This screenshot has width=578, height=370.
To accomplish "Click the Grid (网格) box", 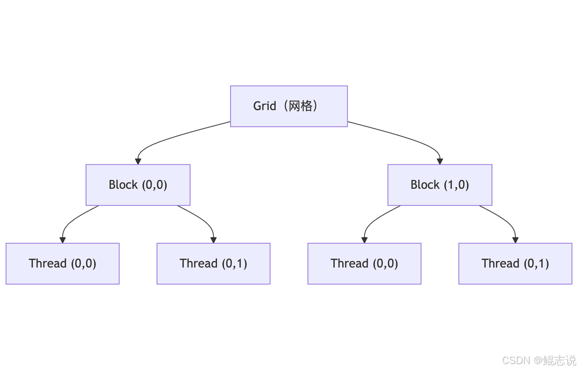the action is (x=289, y=106).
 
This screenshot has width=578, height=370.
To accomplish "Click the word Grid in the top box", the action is (x=265, y=106).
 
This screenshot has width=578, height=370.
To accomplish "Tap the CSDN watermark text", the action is (x=516, y=361).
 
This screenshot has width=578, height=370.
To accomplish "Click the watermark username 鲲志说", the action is (x=559, y=361).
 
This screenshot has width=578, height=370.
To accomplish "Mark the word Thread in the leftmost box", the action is (x=48, y=263).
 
